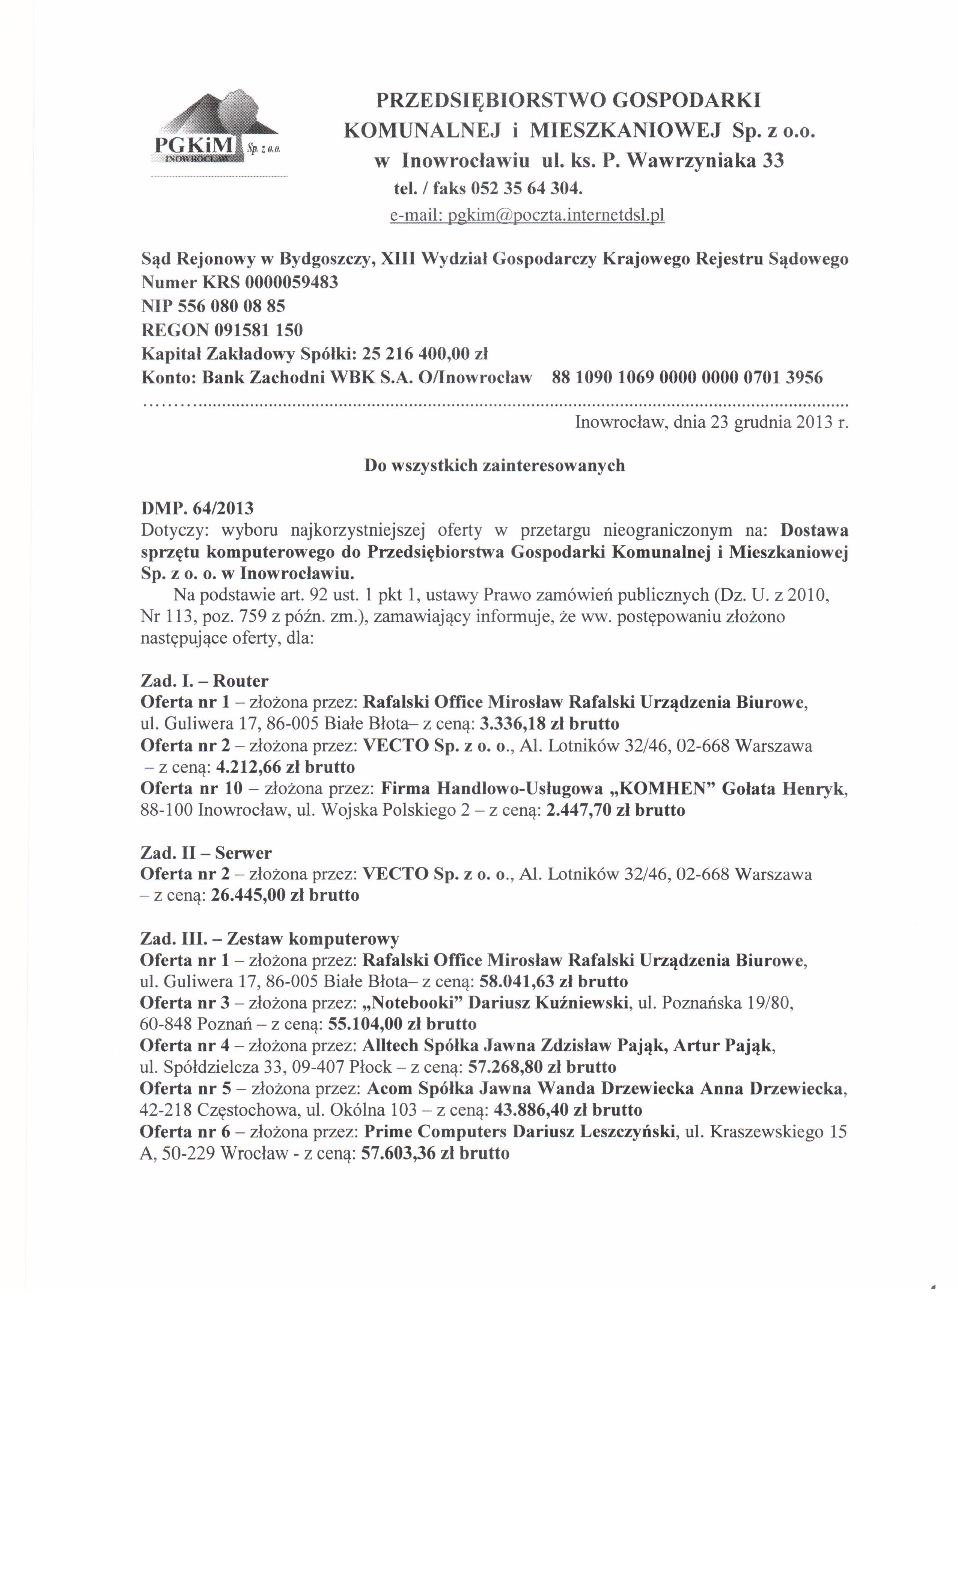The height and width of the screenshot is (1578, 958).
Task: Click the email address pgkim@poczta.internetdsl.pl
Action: point(527,216)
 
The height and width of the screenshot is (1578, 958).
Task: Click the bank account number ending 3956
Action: point(687,377)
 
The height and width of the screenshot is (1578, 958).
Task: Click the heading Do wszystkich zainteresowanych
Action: point(494,466)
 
